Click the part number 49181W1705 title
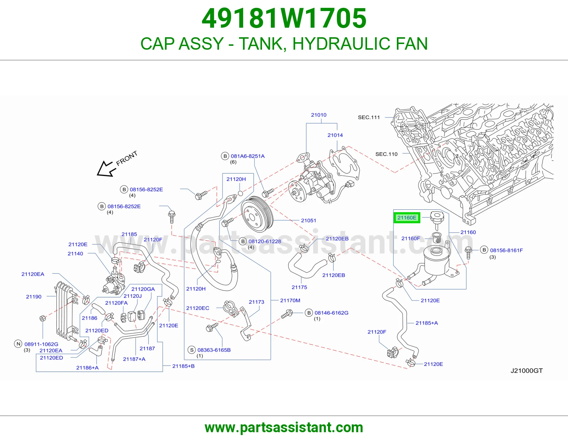pos(284,18)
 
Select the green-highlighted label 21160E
pos(407,218)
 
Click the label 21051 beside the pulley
pos(308,220)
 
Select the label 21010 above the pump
pos(319,115)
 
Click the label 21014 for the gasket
pos(335,135)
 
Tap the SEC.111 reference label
pos(369,117)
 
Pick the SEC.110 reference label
pos(386,154)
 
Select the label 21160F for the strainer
pos(411,238)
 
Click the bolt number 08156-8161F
pos(506,250)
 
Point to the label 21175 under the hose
pos(299,287)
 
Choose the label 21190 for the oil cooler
pos(34,297)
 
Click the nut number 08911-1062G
pos(41,344)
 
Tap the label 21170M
pos(290,301)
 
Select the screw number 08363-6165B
pos(214,350)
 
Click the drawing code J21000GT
pos(527,371)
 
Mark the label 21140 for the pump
pos(75,254)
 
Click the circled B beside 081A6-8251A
pos(225,156)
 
